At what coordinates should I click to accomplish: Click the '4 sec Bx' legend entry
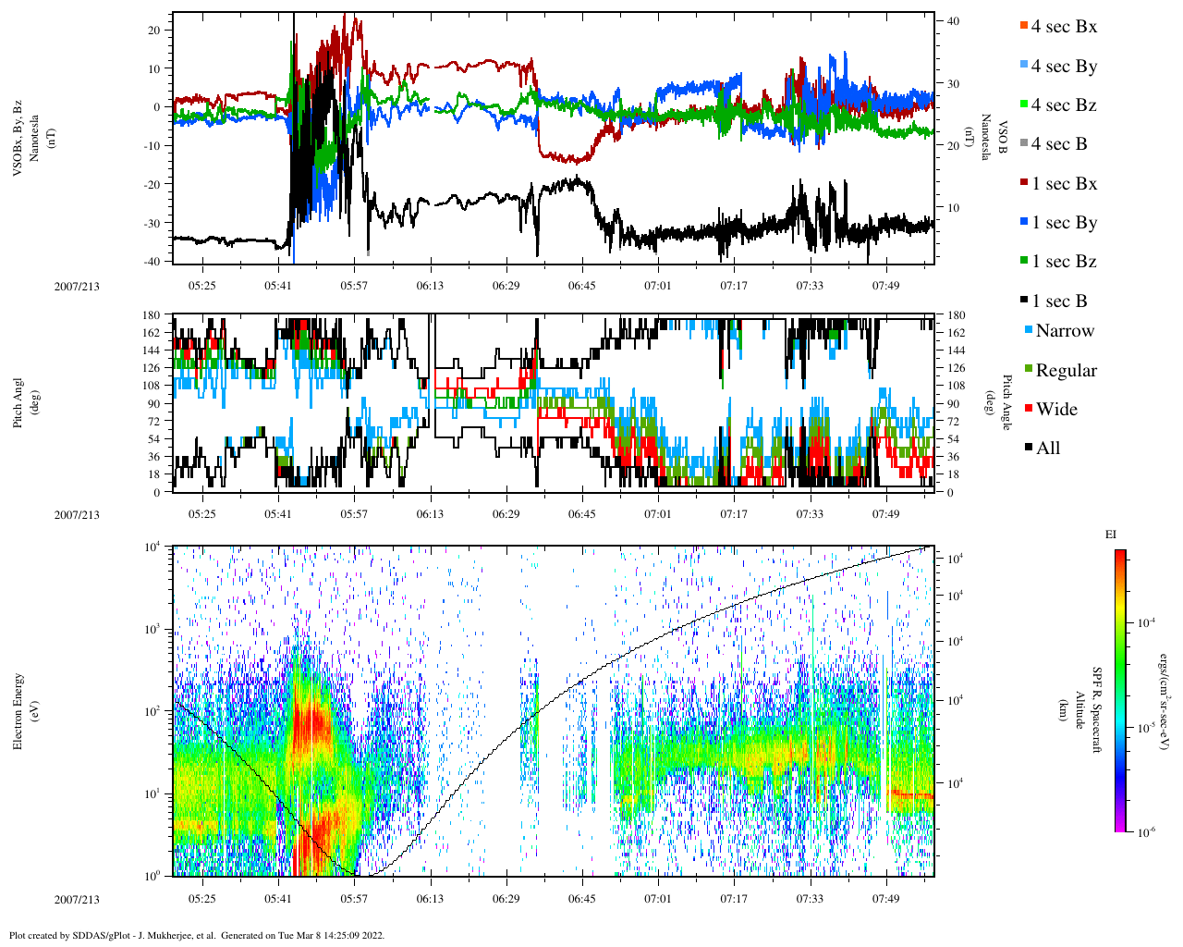click(x=1063, y=27)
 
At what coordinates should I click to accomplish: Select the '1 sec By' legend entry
click(x=1063, y=223)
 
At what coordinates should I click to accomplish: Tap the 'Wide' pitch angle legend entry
click(x=1055, y=410)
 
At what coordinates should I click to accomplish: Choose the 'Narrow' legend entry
click(x=1064, y=331)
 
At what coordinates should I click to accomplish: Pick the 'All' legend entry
click(x=1047, y=449)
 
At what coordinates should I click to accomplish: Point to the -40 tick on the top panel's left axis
click(x=152, y=262)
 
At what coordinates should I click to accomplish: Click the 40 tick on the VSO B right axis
click(x=952, y=21)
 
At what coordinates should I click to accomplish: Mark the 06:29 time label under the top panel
click(x=506, y=286)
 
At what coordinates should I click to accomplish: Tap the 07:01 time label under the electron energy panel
click(x=657, y=898)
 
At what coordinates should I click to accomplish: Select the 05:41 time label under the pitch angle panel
click(x=277, y=514)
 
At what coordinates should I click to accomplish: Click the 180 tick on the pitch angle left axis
click(x=152, y=314)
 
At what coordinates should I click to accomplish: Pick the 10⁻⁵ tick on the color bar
click(x=1147, y=728)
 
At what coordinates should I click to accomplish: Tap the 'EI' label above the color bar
click(x=1111, y=535)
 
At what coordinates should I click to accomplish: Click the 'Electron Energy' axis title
click(x=18, y=710)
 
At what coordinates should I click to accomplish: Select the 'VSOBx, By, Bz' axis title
click(x=18, y=137)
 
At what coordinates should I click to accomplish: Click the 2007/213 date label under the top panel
click(x=77, y=286)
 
